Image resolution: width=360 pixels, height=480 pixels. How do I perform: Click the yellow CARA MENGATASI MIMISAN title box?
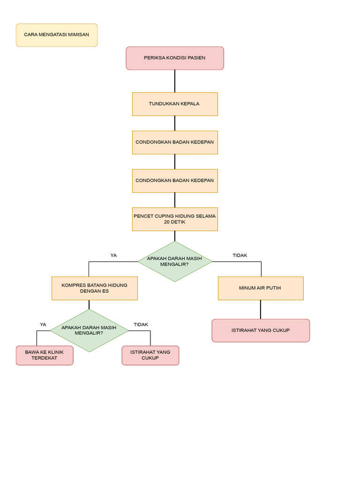[57, 35]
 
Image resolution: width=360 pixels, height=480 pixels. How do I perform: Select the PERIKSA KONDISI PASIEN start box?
[175, 58]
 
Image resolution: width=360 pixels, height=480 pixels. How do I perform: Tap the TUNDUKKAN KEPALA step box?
[175, 104]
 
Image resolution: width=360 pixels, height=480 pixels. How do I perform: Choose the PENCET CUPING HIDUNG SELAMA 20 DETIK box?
[175, 219]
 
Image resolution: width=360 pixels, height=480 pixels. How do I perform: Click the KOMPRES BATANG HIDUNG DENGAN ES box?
[94, 288]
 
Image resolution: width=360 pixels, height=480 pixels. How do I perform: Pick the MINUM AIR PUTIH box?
[261, 288]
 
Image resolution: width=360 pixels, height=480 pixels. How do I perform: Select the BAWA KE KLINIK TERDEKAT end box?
[45, 355]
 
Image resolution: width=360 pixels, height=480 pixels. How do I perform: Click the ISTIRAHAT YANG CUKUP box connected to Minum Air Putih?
[261, 330]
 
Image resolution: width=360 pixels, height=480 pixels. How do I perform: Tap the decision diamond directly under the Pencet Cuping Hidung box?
[175, 262]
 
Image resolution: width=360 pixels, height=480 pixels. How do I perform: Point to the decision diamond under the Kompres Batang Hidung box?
[89, 330]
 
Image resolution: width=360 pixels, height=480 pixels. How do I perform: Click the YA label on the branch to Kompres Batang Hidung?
[113, 255]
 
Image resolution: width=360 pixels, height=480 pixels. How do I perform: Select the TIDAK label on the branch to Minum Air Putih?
[240, 255]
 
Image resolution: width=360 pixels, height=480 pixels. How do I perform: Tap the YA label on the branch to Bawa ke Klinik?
[43, 324]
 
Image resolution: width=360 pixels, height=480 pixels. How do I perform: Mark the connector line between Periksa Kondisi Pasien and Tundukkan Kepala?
[175, 81]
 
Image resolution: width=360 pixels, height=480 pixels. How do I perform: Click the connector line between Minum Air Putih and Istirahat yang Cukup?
[261, 309]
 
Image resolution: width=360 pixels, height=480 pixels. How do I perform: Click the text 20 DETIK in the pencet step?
[175, 222]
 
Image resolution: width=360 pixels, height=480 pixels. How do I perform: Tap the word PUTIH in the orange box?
[273, 288]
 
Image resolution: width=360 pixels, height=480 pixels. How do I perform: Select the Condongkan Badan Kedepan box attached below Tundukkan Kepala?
[175, 142]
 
